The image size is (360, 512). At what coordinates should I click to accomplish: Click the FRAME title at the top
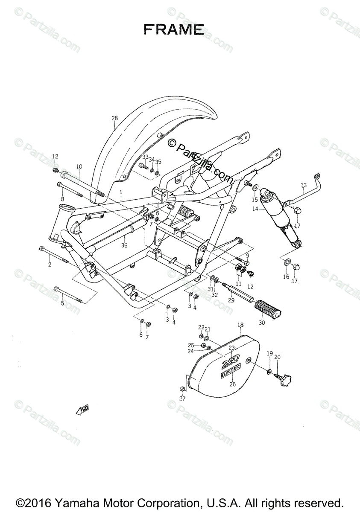pos(173,29)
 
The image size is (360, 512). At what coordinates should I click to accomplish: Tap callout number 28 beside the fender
pos(114,118)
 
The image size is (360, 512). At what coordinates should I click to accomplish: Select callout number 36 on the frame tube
pos(124,245)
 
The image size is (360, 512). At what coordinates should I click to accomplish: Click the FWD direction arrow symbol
pos(82,410)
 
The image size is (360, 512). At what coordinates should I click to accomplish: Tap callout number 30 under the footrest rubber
pos(261,323)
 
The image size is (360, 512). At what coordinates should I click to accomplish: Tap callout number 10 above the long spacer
pos(79,166)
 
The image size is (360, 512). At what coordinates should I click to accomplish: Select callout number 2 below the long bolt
pos(50,265)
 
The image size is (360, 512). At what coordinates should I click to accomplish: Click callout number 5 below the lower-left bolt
pos(62,303)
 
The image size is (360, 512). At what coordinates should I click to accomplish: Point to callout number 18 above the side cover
pos(240,325)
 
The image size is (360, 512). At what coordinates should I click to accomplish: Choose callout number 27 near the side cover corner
pos(182,399)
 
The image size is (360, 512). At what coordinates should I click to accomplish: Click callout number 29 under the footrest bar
pos(231,300)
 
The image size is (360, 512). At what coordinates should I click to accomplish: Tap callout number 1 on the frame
pos(121,192)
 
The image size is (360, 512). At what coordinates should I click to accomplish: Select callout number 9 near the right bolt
pos(247,256)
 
